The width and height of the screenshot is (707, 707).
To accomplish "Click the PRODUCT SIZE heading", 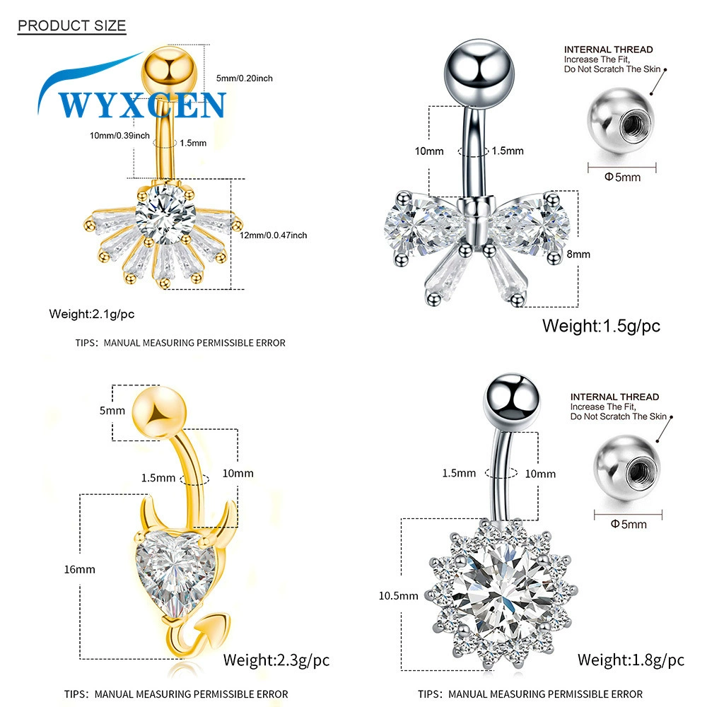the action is point(71,25).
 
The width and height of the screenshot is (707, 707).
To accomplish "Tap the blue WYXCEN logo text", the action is point(141,105).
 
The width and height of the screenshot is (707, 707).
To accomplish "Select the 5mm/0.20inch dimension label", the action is point(245,78).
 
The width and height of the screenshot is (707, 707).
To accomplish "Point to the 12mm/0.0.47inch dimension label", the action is point(273,235).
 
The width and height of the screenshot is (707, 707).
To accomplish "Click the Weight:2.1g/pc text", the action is point(91,314).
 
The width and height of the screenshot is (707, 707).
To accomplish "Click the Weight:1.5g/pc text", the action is point(601,326).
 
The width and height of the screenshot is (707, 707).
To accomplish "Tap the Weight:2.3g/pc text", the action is point(276,660).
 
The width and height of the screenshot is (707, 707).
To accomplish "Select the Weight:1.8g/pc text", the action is point(631,660).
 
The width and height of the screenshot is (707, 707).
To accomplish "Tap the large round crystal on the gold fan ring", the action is point(165,214).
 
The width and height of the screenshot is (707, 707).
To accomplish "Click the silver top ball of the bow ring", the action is point(479,72).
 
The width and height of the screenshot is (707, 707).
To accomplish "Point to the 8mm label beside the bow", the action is point(578,255).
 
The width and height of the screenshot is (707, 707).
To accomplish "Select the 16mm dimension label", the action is point(79,569).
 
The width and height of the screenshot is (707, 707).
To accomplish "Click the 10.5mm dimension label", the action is point(398,595).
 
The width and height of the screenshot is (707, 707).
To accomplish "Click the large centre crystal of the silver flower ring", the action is point(502,592).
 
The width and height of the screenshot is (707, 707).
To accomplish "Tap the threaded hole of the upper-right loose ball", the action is point(636,125).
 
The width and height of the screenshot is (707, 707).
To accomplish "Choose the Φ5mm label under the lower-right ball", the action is point(629,524).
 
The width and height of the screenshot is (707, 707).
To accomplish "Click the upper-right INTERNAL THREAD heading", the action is point(608,49).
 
